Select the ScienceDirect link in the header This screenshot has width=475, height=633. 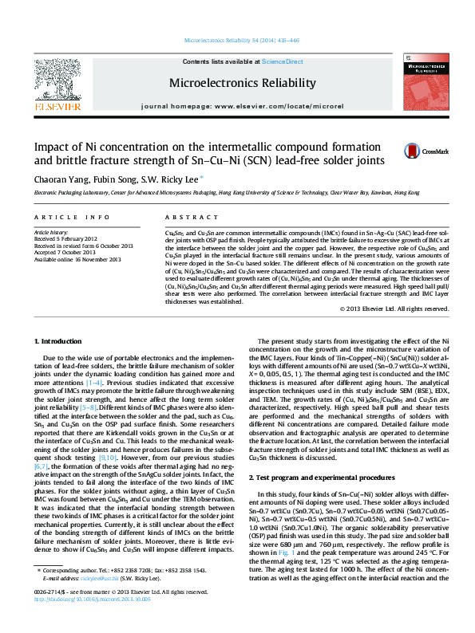click(x=282, y=61)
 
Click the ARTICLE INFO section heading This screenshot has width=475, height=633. click(x=71, y=217)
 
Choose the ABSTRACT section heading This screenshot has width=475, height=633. click(x=185, y=217)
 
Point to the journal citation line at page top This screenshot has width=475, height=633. click(x=236, y=39)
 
